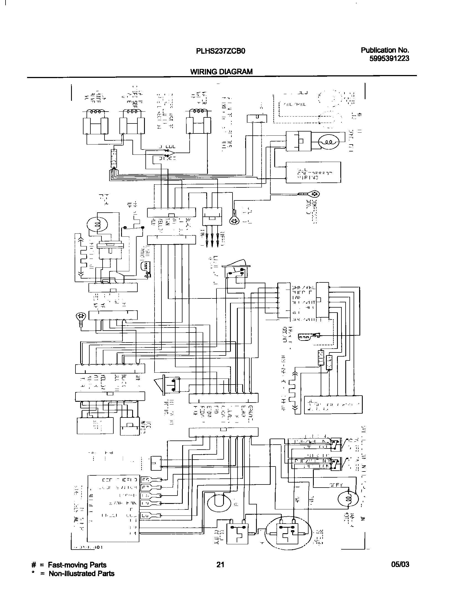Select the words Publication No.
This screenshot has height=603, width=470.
click(385, 50)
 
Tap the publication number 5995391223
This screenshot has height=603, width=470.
click(389, 58)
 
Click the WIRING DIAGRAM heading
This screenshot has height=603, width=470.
click(221, 72)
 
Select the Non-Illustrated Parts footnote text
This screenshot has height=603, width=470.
click(81, 573)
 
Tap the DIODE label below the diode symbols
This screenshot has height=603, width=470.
click(167, 159)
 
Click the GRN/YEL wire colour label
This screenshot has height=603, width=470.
click(304, 287)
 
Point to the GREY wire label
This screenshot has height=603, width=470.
click(336, 485)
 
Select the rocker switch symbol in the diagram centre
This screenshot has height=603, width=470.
click(236, 269)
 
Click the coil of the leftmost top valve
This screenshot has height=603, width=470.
click(96, 112)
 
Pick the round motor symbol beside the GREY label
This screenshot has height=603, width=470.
click(348, 499)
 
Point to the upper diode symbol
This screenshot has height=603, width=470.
click(166, 151)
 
